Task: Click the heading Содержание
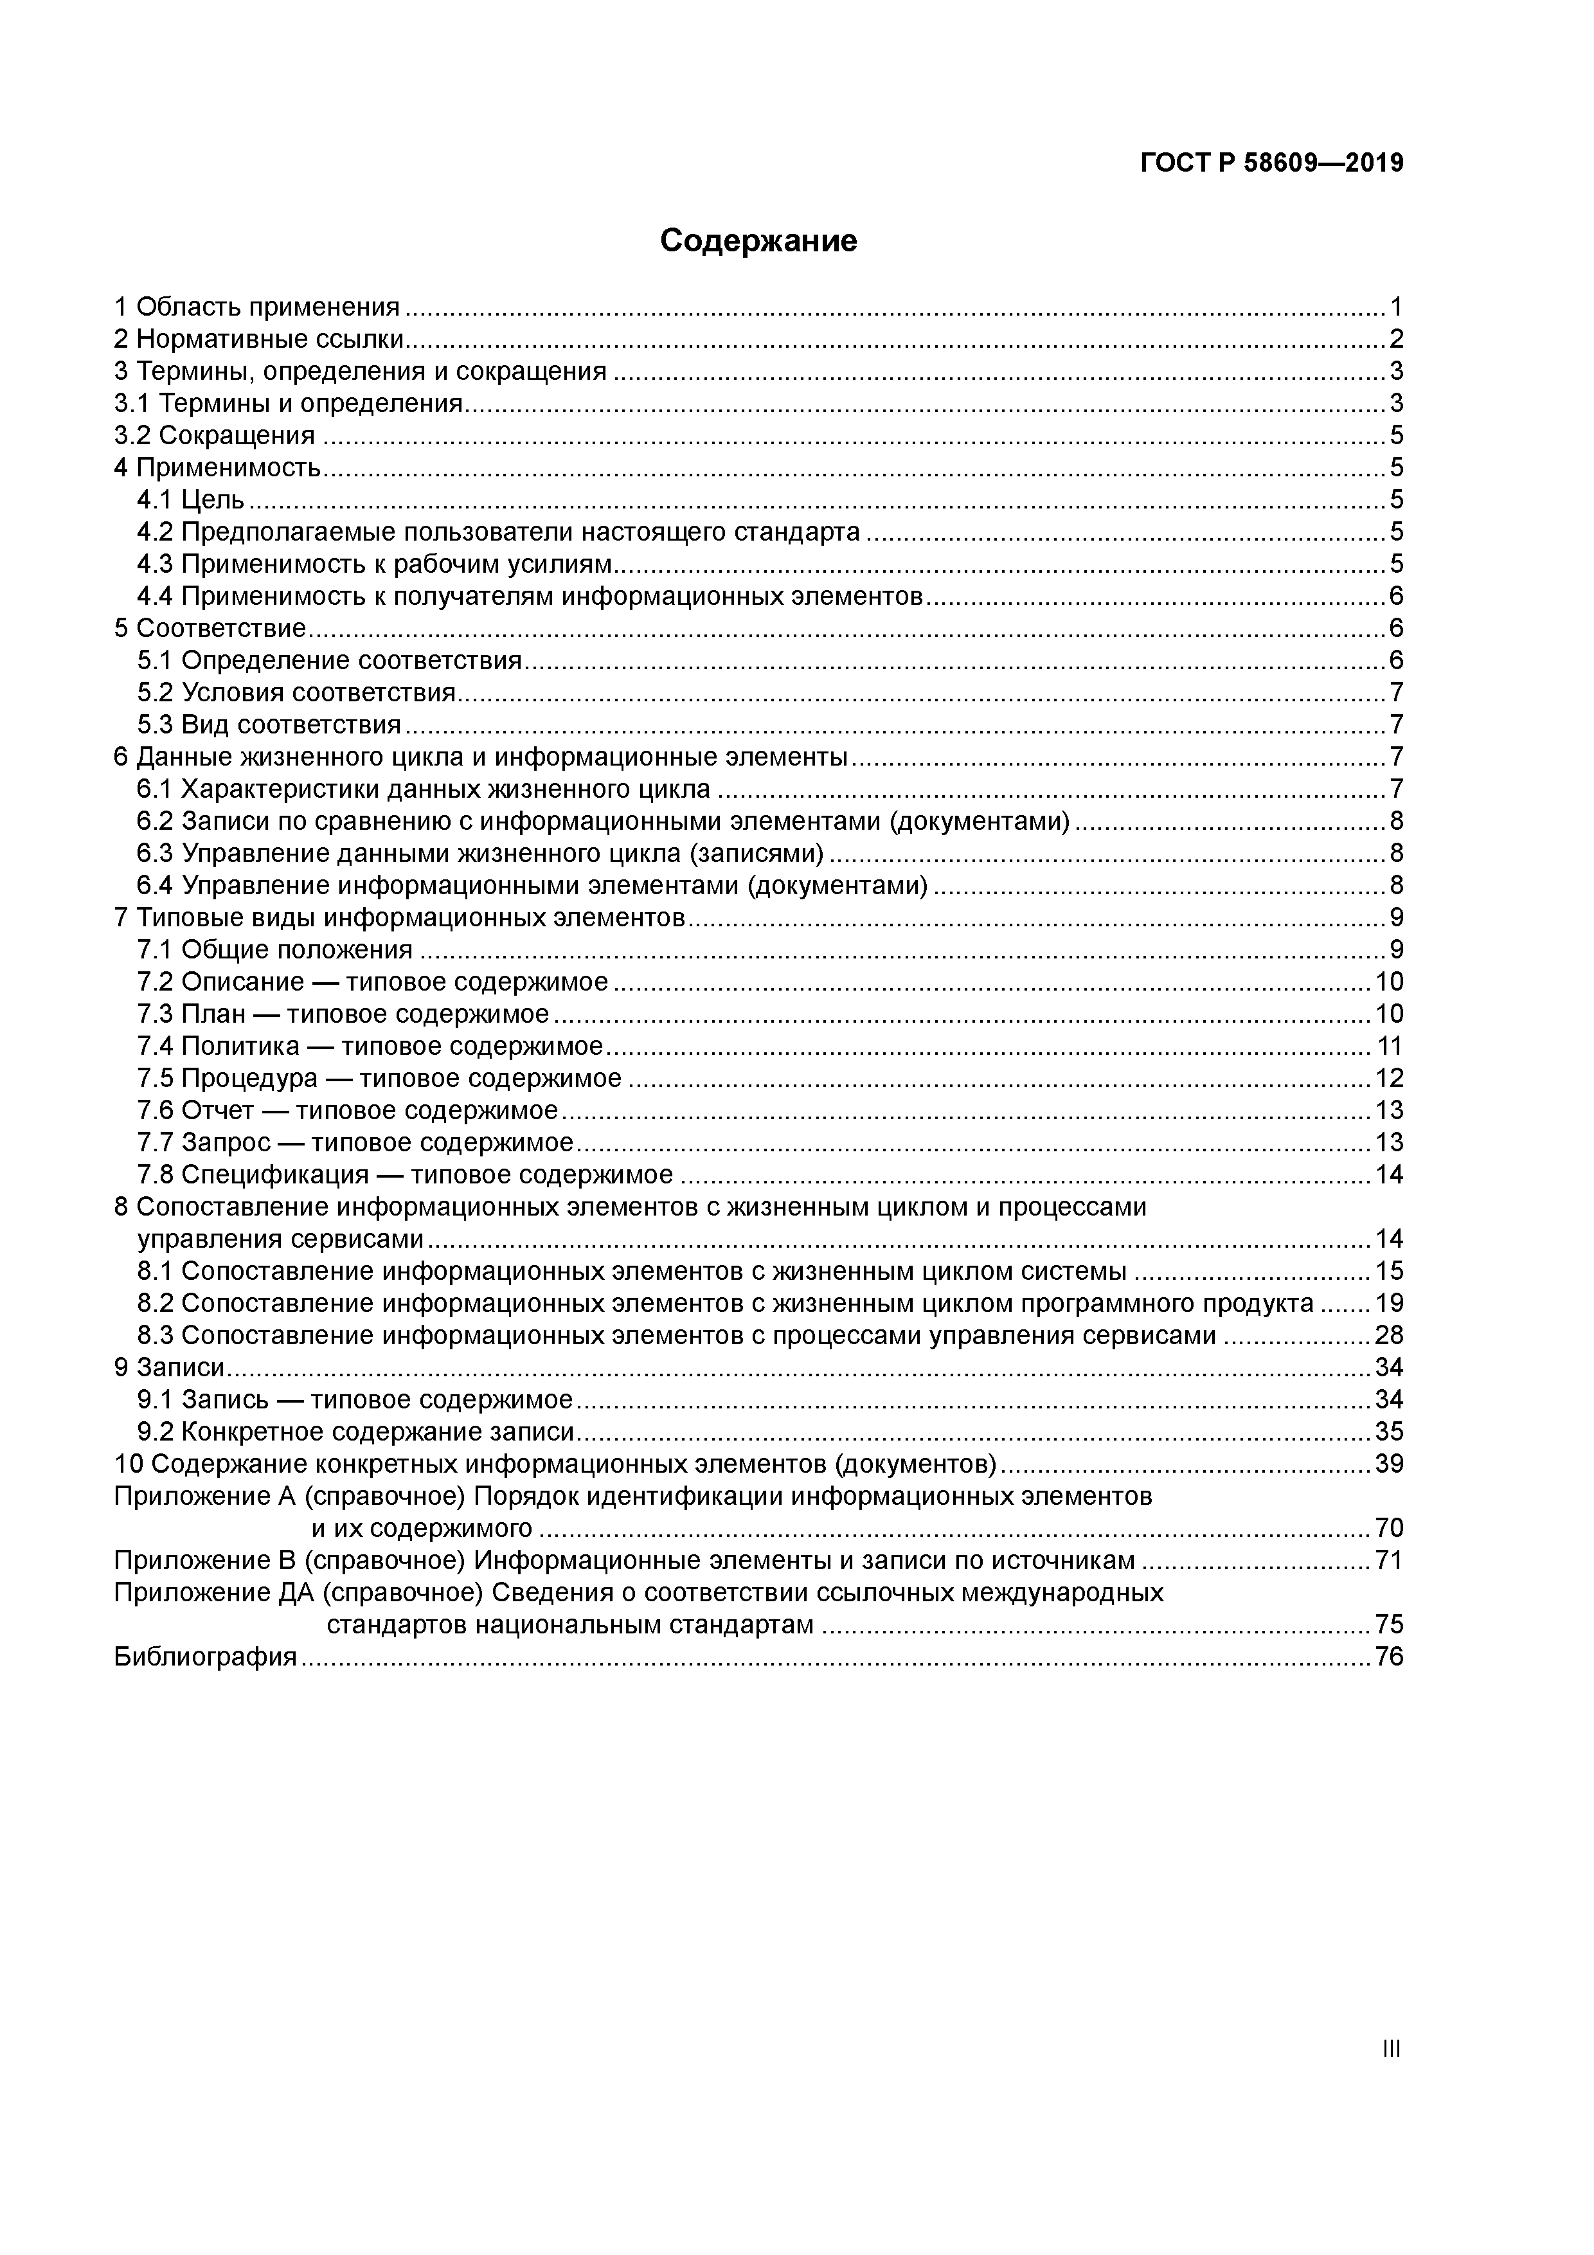pos(758,240)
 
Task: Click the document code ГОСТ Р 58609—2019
pos(1272,163)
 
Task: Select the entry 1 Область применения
pos(257,307)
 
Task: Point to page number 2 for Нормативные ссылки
pos(1395,340)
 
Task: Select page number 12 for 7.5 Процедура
pos(1389,1079)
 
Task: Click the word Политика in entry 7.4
pos(240,1047)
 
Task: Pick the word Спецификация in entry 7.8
pos(275,1176)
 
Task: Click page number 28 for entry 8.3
pos(1389,1336)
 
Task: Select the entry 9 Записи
pos(170,1368)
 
